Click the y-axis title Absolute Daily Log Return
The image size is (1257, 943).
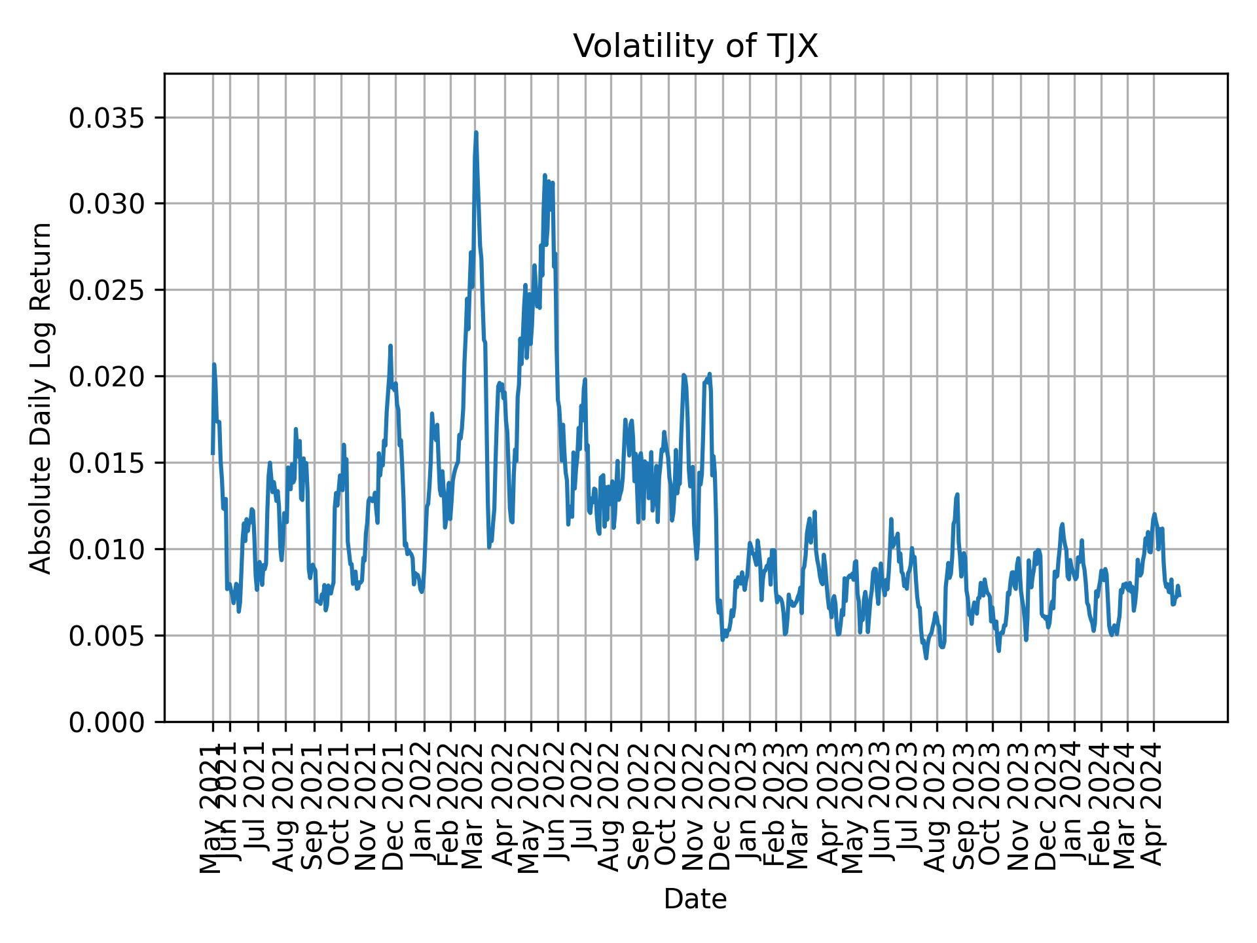[42, 398]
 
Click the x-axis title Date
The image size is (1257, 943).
[695, 899]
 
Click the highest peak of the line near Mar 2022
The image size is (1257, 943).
[476, 133]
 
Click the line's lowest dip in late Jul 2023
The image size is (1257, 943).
[926, 658]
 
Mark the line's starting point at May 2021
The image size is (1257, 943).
[212, 453]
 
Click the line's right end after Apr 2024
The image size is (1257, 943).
[1179, 595]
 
